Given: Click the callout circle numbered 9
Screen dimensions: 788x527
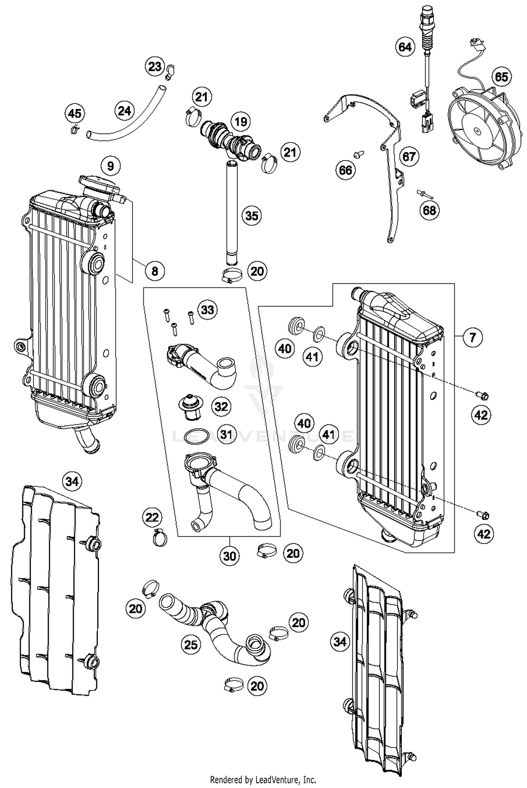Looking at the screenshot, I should [110, 166].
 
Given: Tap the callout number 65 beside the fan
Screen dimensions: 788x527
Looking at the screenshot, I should [501, 77].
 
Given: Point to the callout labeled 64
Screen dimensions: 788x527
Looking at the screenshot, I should [405, 47].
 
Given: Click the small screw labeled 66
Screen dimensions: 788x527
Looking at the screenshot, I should [359, 154].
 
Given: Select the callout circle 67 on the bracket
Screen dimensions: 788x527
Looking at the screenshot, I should [409, 156].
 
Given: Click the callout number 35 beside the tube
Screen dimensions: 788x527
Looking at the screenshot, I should [252, 216].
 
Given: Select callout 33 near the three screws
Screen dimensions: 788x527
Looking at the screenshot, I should [207, 310].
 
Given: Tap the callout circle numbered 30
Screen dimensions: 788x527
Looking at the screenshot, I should [229, 556].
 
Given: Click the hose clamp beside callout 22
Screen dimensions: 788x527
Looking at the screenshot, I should [160, 537].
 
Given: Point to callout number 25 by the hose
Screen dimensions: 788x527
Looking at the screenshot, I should [191, 645].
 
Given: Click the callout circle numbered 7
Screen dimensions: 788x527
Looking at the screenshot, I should [473, 338].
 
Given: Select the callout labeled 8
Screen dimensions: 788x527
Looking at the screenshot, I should [155, 271].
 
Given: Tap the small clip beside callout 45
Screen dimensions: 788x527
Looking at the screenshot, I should [74, 130].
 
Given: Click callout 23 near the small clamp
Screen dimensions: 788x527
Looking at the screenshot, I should [155, 66].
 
